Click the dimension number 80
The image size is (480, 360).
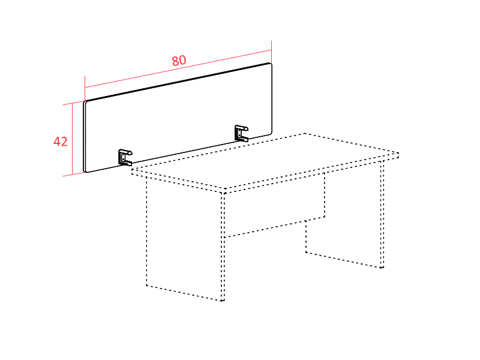coord(179,61)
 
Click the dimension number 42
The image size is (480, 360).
coord(61,142)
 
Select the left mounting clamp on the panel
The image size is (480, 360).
coord(125,157)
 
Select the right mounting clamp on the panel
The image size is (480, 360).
coord(241,133)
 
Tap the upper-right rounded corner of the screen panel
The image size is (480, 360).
coord(271,64)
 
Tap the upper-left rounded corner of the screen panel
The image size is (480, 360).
coord(85,102)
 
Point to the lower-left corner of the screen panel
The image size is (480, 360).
coord(86,171)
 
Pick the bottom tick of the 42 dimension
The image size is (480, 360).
coord(73,175)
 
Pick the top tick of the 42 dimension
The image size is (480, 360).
coord(73,103)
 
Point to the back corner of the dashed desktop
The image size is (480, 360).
coord(305,133)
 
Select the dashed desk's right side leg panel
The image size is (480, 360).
coord(344,214)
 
